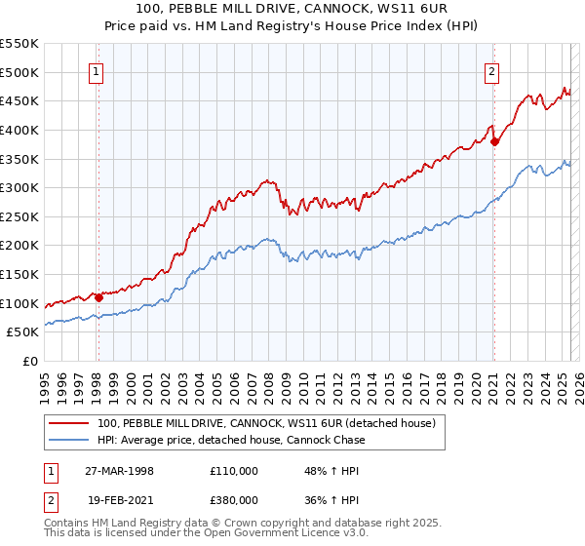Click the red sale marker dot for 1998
click(98, 297)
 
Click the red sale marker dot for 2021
click(494, 141)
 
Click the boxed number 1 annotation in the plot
click(97, 70)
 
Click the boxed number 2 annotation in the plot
click(492, 70)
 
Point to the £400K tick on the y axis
click(21, 130)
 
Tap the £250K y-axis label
click(21, 216)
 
